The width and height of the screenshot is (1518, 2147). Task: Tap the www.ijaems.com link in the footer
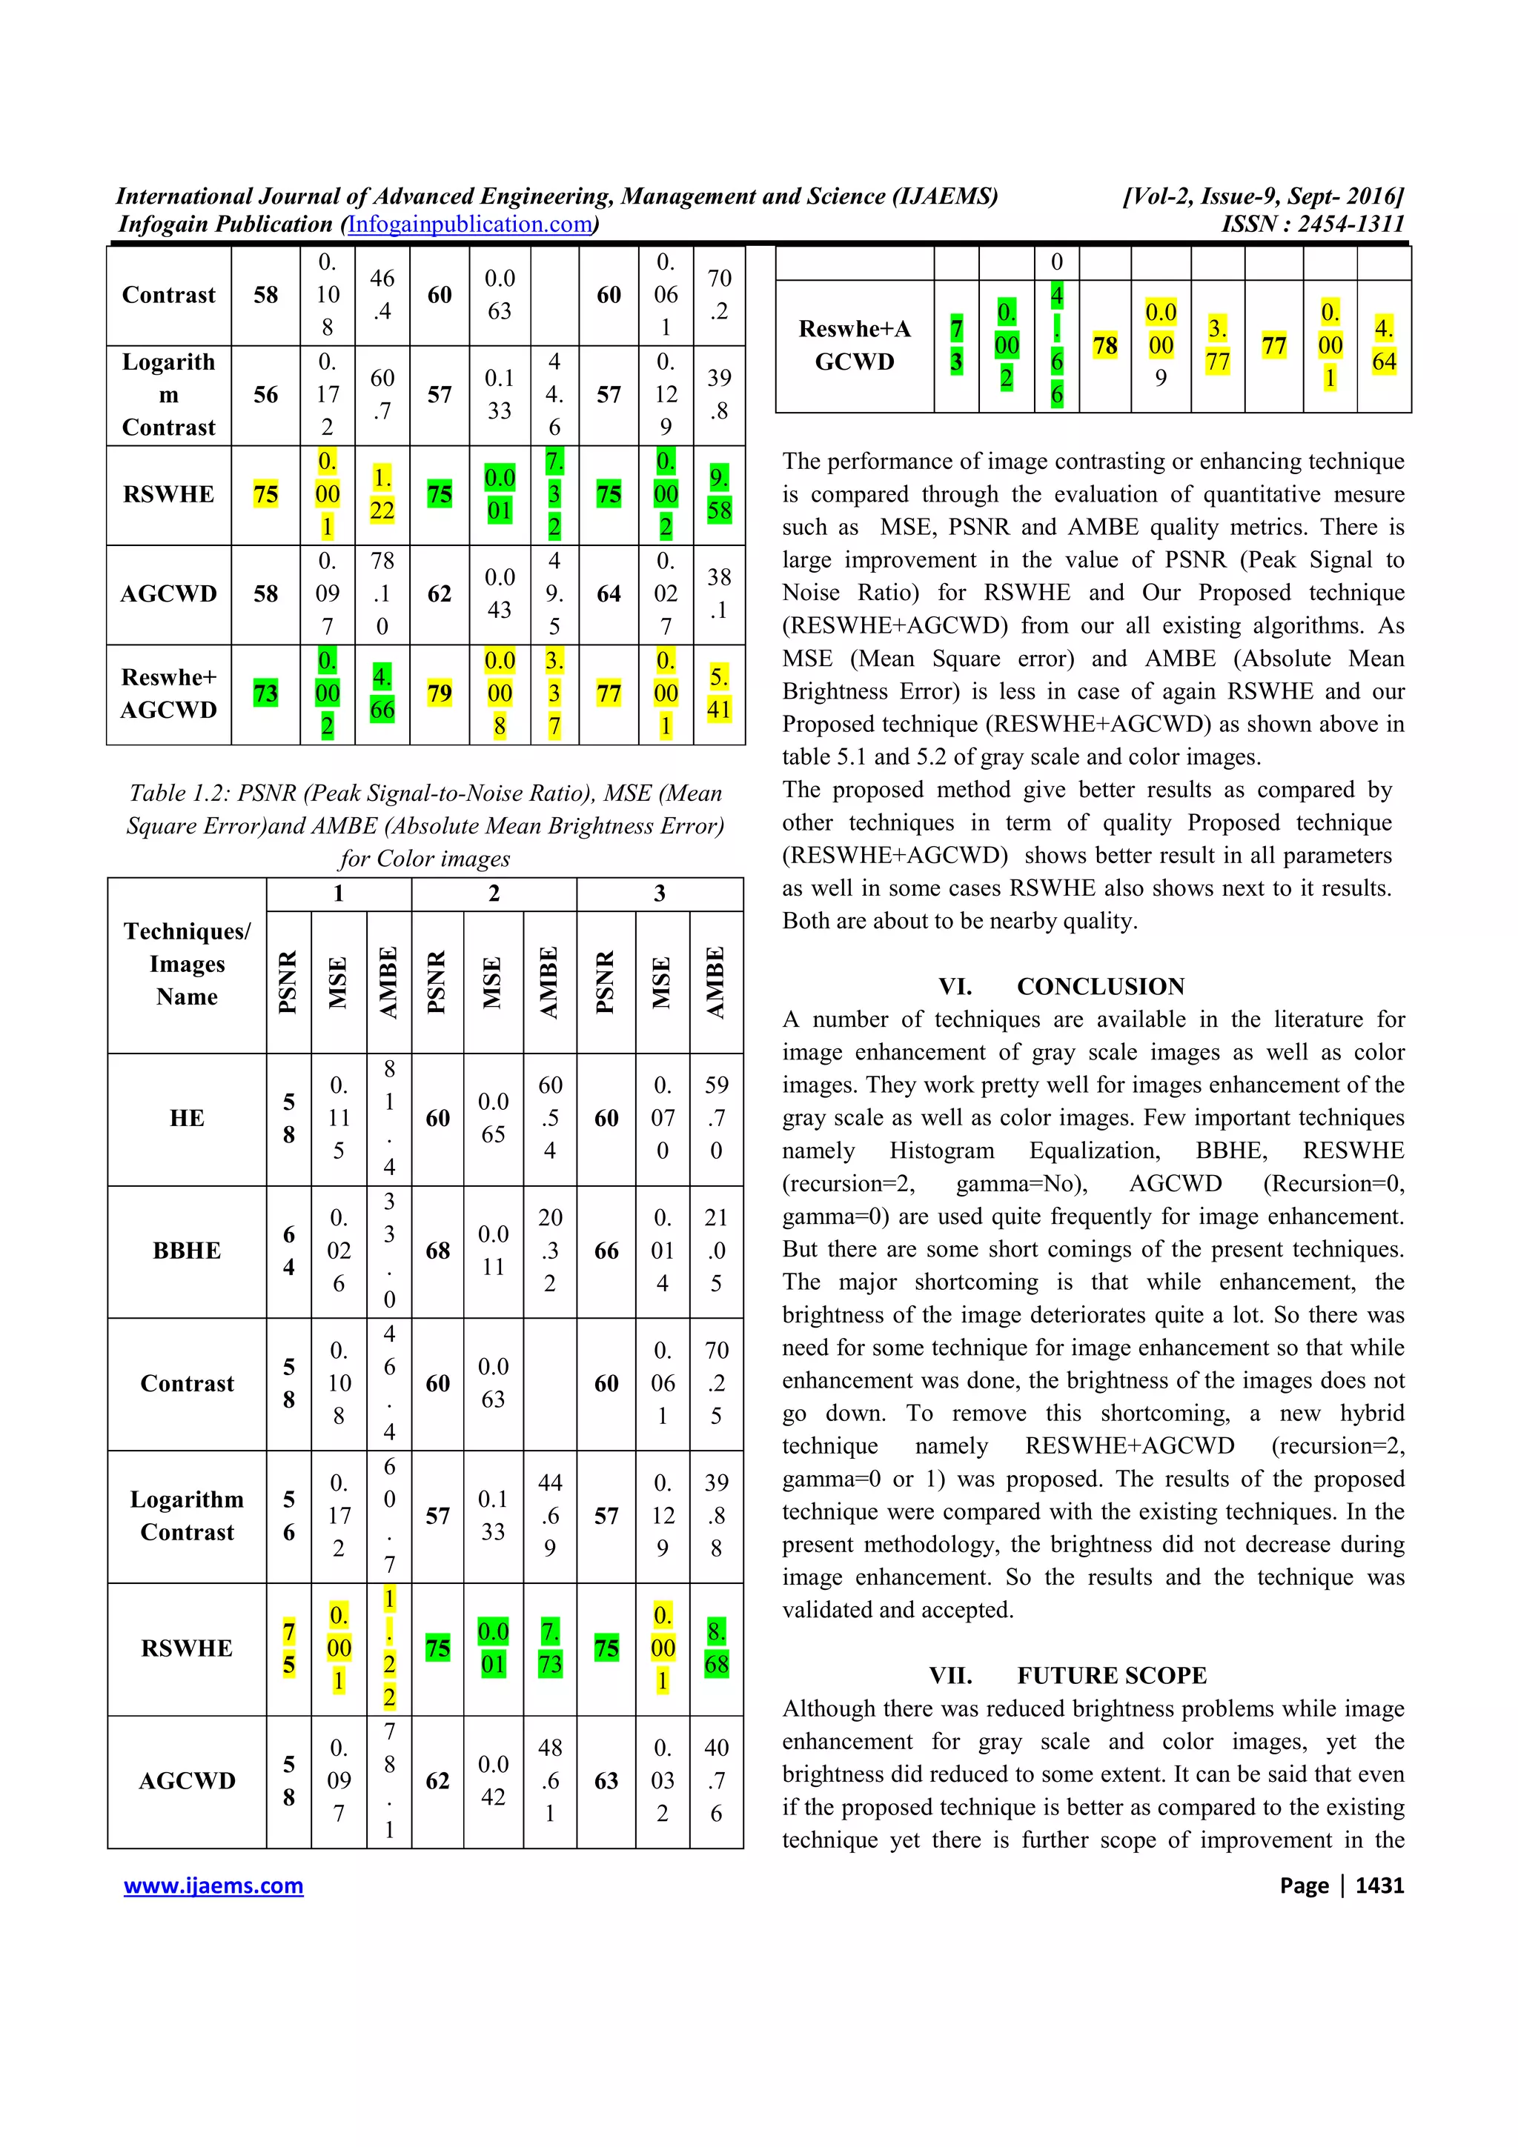pyautogui.click(x=213, y=1885)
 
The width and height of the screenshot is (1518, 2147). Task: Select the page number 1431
pyautogui.click(x=1379, y=1885)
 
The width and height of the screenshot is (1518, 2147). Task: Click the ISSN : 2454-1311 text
pyautogui.click(x=1312, y=224)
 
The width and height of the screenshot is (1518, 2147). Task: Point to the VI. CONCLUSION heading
pyautogui.click(x=1061, y=987)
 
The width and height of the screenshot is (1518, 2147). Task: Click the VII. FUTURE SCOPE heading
pyautogui.click(x=1067, y=1675)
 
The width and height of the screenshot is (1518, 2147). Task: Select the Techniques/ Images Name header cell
pyautogui.click(x=187, y=964)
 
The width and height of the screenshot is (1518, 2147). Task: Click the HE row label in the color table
pyautogui.click(x=187, y=1119)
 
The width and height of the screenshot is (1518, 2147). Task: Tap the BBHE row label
pyautogui.click(x=187, y=1251)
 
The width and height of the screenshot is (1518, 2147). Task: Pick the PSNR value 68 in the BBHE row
pyautogui.click(x=438, y=1251)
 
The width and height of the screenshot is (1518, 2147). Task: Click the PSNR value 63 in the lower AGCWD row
pyautogui.click(x=606, y=1780)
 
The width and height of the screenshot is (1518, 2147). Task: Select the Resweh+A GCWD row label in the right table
pyautogui.click(x=854, y=346)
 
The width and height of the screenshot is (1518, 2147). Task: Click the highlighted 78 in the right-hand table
pyautogui.click(x=1104, y=346)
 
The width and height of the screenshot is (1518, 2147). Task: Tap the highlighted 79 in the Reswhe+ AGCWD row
pyautogui.click(x=439, y=694)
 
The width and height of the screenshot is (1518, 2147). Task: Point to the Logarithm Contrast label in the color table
pyautogui.click(x=187, y=1516)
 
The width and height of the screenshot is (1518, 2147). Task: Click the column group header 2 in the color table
pyautogui.click(x=494, y=894)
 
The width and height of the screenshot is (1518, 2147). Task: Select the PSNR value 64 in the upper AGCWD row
pyautogui.click(x=608, y=593)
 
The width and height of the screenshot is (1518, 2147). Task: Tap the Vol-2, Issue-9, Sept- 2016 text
pyautogui.click(x=1263, y=196)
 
